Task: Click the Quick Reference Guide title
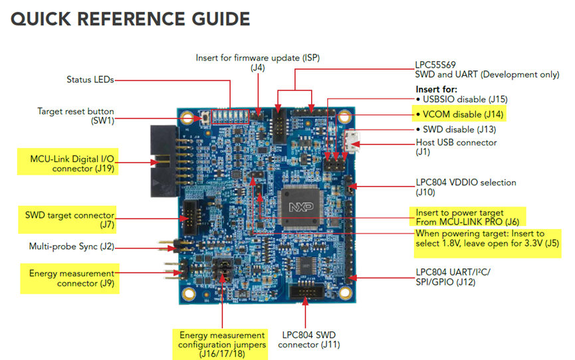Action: point(130,19)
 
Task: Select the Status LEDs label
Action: point(90,80)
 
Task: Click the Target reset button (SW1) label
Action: point(74,116)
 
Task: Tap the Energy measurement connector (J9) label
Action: point(71,278)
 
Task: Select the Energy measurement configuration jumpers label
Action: point(221,344)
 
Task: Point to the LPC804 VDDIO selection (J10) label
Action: point(465,187)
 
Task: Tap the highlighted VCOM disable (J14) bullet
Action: point(458,114)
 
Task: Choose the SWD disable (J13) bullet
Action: point(458,130)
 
